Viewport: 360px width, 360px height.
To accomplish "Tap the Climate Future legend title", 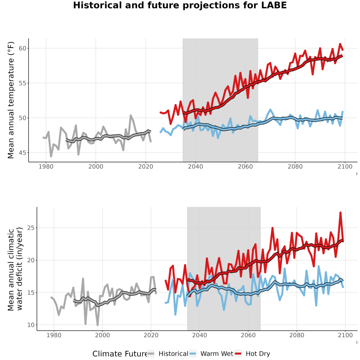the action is (120, 354).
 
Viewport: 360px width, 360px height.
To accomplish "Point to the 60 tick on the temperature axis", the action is (22, 48).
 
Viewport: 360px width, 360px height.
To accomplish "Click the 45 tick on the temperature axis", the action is (22, 153).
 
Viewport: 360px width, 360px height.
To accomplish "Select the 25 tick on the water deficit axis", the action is (31, 228).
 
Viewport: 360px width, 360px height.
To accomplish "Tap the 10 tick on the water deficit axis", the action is (31, 325).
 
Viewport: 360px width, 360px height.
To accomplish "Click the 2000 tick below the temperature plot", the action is (96, 166).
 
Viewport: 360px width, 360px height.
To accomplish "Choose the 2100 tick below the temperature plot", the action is (345, 166).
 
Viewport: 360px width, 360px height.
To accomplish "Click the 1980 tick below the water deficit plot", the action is (54, 335).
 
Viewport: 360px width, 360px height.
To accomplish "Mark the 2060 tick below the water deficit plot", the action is (248, 335).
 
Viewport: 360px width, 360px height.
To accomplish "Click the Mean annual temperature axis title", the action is (11, 100).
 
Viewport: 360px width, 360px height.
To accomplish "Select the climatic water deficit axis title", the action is (15, 269).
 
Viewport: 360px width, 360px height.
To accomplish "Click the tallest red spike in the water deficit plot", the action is (340, 213).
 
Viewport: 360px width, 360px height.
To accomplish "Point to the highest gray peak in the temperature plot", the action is (131, 116).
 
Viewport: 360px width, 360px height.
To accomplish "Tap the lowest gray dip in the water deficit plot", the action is (98, 325).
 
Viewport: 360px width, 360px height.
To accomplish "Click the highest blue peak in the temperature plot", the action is (270, 110).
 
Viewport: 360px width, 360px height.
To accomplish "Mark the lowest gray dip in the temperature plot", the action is (51, 156).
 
